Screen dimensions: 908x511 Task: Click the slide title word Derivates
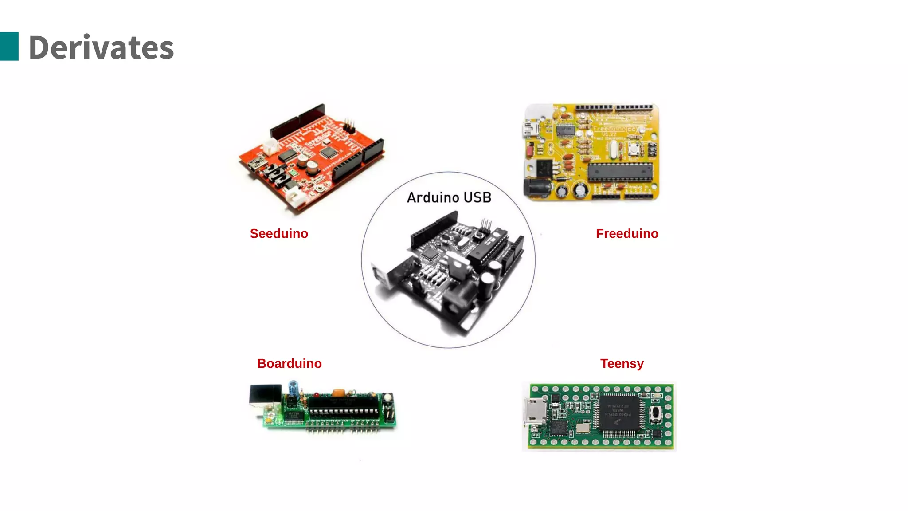(x=101, y=47)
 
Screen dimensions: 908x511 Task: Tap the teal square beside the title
(x=9, y=46)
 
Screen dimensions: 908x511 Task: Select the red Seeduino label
(x=279, y=233)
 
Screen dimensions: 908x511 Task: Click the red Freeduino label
(x=627, y=233)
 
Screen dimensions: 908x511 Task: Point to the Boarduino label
(x=289, y=363)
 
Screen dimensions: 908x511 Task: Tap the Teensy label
(x=622, y=363)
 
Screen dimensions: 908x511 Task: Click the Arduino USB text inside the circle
(x=449, y=197)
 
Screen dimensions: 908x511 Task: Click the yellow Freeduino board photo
(x=591, y=152)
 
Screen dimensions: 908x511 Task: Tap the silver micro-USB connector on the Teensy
(x=535, y=412)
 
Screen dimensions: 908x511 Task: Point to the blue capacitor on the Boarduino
(x=293, y=388)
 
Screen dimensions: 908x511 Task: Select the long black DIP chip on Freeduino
(x=621, y=172)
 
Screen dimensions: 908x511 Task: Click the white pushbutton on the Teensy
(x=656, y=413)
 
